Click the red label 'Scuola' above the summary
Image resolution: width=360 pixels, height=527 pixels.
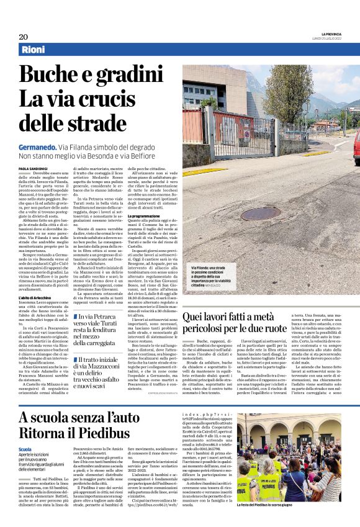(x=25, y=449)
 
